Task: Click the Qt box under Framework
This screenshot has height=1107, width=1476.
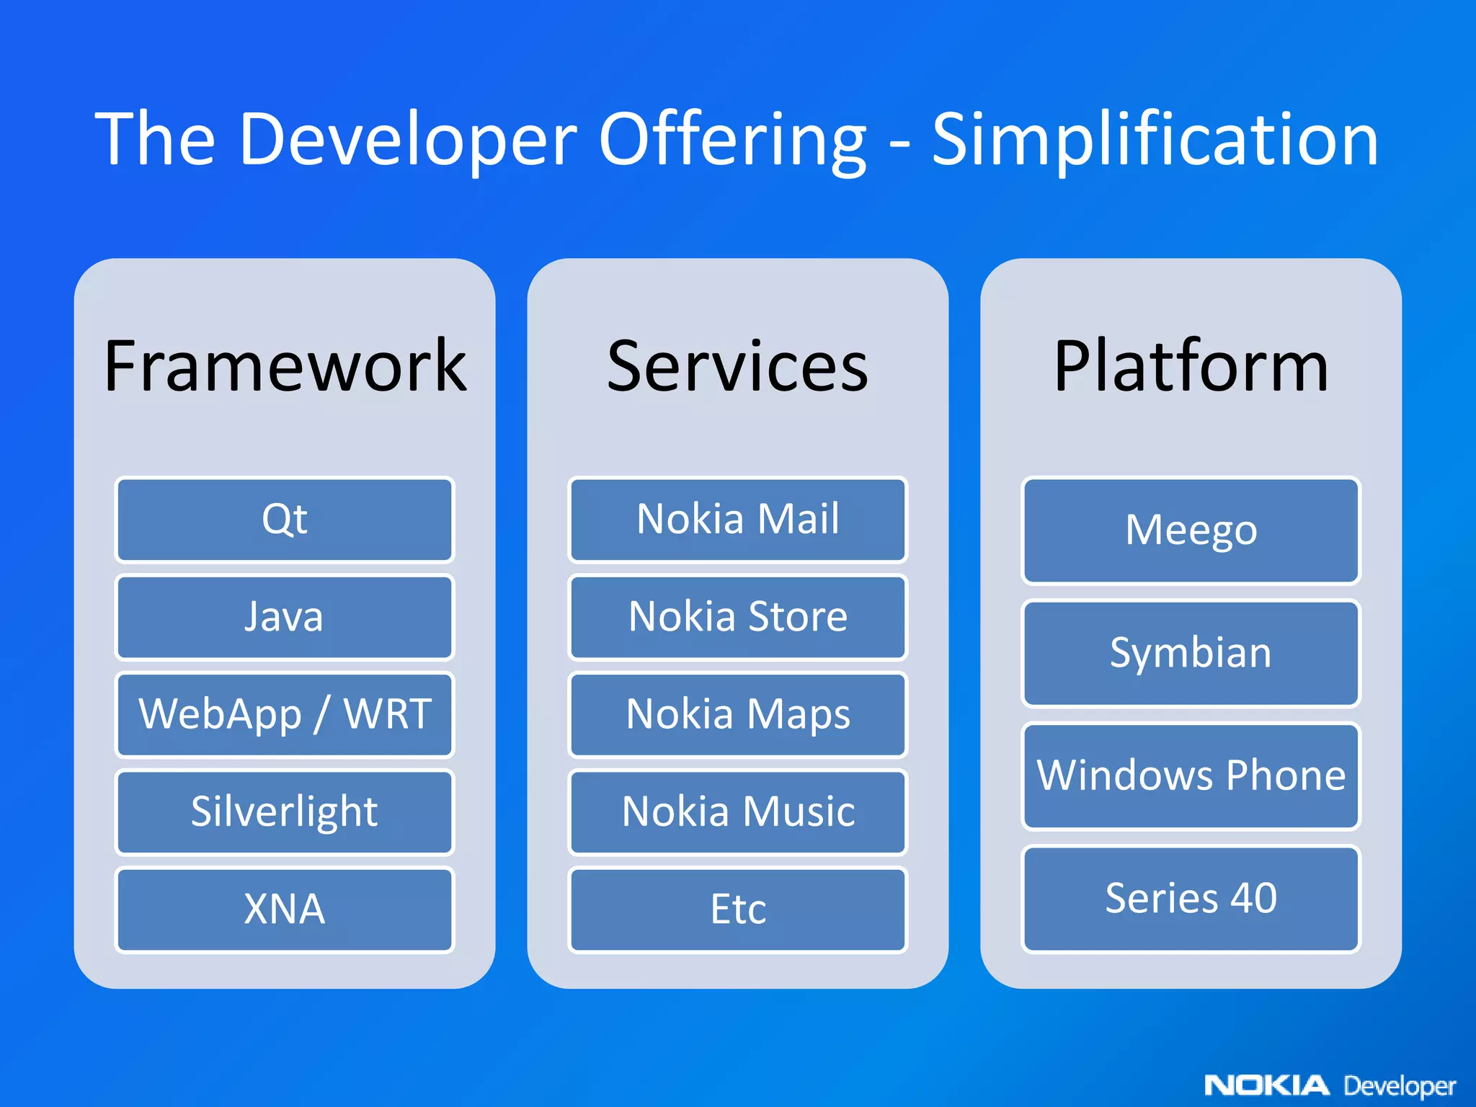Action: point(285,520)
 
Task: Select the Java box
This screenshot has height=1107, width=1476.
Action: point(285,617)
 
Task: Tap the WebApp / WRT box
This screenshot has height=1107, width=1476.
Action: point(285,714)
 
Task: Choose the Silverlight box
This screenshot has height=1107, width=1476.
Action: point(285,812)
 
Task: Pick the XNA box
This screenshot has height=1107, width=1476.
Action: point(285,910)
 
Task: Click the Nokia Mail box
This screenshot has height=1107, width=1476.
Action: point(737,520)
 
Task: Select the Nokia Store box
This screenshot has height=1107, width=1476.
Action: point(737,617)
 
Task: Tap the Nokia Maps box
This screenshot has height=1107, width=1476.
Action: point(737,714)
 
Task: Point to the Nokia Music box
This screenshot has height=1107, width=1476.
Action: point(737,812)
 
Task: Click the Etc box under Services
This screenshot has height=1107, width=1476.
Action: point(737,910)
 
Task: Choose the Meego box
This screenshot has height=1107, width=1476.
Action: point(1191,530)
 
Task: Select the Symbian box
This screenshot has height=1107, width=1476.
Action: point(1191,653)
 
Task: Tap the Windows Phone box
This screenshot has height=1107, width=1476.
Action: point(1191,776)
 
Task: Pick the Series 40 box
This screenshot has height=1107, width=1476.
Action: point(1191,899)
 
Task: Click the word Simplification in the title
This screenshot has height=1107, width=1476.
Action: point(1155,141)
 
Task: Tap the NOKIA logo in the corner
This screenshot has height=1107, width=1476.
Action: point(1266,1085)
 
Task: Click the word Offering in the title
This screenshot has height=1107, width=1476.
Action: point(732,141)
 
